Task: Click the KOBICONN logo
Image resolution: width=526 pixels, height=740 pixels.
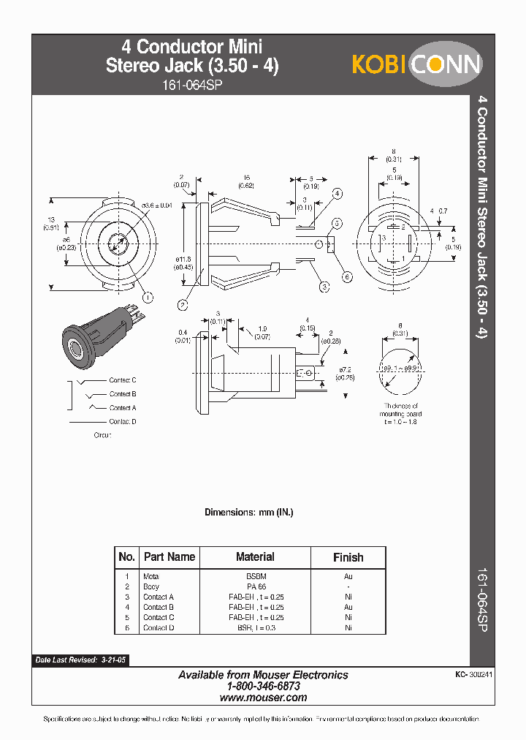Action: [417, 64]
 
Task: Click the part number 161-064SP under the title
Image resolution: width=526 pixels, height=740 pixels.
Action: [192, 84]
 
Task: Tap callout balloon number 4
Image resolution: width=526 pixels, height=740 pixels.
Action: [338, 194]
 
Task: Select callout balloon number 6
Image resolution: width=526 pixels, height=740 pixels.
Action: [347, 276]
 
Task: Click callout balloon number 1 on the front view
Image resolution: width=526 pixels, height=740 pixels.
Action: [148, 297]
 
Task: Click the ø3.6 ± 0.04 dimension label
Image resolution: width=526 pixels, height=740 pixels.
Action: [157, 205]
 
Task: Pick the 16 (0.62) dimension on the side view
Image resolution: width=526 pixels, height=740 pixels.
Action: [246, 182]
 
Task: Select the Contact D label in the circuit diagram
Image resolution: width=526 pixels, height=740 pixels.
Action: [123, 422]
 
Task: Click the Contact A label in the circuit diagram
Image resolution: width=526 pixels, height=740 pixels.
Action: [123, 408]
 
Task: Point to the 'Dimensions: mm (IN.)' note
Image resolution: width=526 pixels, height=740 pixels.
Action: [248, 513]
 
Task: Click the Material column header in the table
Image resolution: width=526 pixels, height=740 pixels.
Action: [255, 557]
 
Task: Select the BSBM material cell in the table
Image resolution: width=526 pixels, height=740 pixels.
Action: [256, 576]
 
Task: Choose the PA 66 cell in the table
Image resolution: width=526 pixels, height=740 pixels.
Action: [256, 586]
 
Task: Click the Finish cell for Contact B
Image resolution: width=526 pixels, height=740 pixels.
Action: [348, 607]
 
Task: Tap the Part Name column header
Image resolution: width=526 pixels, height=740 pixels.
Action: [169, 557]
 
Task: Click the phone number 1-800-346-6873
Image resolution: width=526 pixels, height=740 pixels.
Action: [263, 687]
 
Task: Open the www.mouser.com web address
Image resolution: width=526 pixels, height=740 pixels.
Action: [263, 698]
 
